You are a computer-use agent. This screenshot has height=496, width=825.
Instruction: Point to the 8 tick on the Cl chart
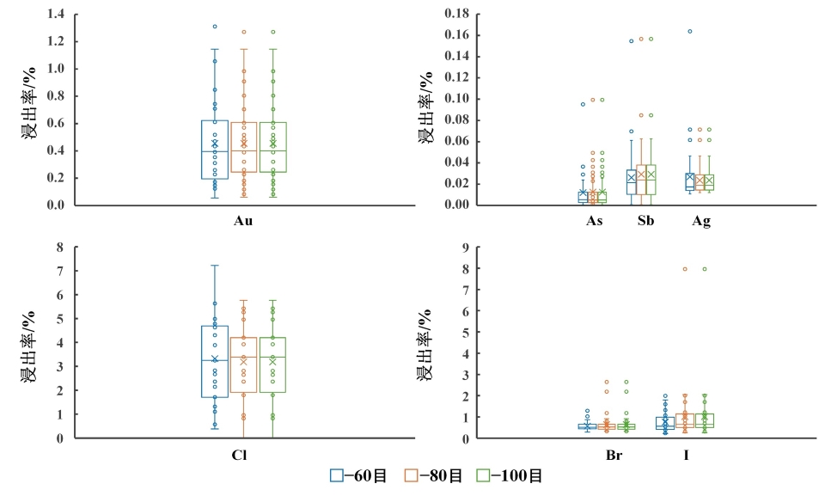(x=59, y=248)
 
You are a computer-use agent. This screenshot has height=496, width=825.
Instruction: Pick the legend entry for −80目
(x=435, y=475)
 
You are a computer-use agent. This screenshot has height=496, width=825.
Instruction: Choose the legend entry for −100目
(x=511, y=475)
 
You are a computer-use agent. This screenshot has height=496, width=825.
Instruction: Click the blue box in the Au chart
(x=215, y=150)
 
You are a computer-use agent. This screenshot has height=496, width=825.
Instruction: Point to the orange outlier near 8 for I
(x=685, y=269)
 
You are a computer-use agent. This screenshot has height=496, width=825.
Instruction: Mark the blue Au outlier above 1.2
(x=215, y=27)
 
